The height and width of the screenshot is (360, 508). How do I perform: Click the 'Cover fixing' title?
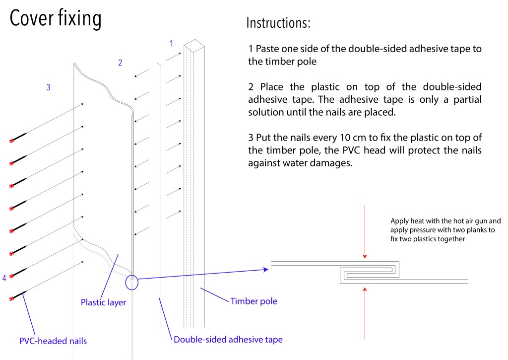tap(56, 19)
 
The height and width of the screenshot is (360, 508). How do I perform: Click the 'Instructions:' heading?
tap(278, 23)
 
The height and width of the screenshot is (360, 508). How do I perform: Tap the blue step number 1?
tap(172, 43)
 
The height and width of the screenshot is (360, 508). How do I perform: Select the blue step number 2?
tap(120, 63)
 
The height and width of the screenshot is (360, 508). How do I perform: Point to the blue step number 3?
tap(48, 87)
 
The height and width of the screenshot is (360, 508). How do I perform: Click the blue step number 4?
tap(4, 278)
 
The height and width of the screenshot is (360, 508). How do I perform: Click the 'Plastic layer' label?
tap(103, 301)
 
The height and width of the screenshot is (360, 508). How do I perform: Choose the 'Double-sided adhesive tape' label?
tap(228, 340)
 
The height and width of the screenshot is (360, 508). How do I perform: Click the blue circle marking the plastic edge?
tap(132, 282)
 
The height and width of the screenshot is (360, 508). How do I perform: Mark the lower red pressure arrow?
tap(365, 313)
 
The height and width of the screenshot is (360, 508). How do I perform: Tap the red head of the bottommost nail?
tap(11, 298)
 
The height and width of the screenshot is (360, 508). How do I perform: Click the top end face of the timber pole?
tap(195, 46)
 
